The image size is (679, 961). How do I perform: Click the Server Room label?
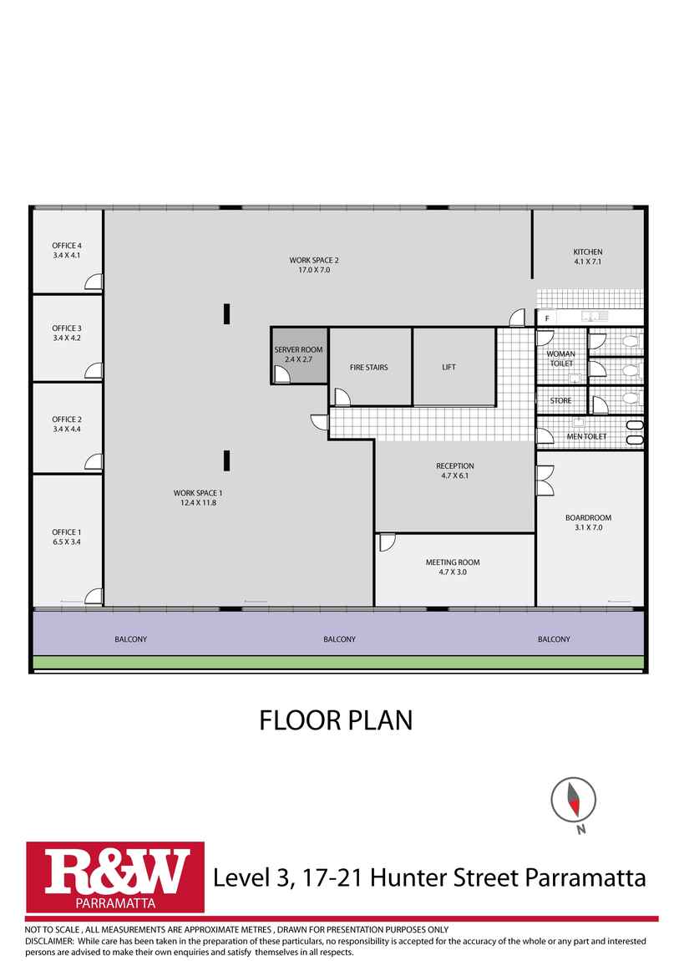tap(298, 354)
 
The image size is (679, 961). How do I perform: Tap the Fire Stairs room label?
tap(368, 367)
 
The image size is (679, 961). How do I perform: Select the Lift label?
tap(448, 367)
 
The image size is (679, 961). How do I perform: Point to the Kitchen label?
tap(588, 257)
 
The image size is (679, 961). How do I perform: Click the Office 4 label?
tap(67, 250)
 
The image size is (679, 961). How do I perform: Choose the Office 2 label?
tap(67, 425)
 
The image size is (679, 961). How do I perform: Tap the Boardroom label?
tap(589, 522)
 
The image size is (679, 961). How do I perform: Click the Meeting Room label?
tap(453, 567)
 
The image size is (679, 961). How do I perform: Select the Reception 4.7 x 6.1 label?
tap(455, 470)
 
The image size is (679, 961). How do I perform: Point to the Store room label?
tap(561, 401)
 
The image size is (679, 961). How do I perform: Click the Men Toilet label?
tap(586, 436)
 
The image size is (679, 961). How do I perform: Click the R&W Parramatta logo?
tap(115, 877)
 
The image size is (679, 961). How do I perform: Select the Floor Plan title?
tap(336, 720)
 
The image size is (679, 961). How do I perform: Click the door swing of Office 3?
tap(94, 371)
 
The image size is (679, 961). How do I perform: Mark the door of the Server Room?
tap(281, 374)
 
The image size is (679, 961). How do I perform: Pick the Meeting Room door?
tap(387, 542)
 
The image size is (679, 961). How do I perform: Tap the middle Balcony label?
tap(339, 639)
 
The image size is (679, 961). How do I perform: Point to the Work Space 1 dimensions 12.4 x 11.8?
tap(198, 502)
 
